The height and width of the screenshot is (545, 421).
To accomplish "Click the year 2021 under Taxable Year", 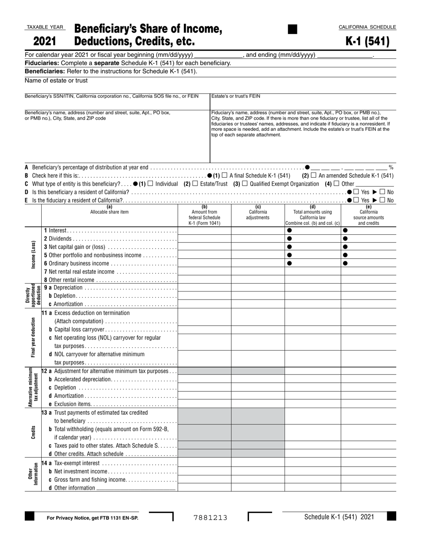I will pyautogui.click(x=44, y=42).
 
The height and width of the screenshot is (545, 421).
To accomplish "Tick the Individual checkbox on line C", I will pyautogui.click(x=150, y=184).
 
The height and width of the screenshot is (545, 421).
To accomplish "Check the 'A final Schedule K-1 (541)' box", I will pyautogui.click(x=224, y=175).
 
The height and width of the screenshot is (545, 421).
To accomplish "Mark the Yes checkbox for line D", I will pyautogui.click(x=356, y=192).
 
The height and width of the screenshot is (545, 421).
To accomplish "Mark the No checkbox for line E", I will pyautogui.click(x=382, y=200).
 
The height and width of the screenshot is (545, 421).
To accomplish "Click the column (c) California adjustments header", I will pyautogui.click(x=257, y=215).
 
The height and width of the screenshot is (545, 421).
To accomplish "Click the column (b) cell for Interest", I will pyautogui.click(x=204, y=230).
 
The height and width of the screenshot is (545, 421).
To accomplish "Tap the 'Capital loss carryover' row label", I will pyautogui.click(x=79, y=330).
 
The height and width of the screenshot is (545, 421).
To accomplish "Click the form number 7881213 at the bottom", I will pyautogui.click(x=210, y=517).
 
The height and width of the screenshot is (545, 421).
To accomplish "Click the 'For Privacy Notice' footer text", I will pyautogui.click(x=92, y=518).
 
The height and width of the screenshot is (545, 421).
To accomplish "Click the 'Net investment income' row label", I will pyautogui.click(x=81, y=471).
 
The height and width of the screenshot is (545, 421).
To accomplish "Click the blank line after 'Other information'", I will pyautogui.click(x=136, y=488).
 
